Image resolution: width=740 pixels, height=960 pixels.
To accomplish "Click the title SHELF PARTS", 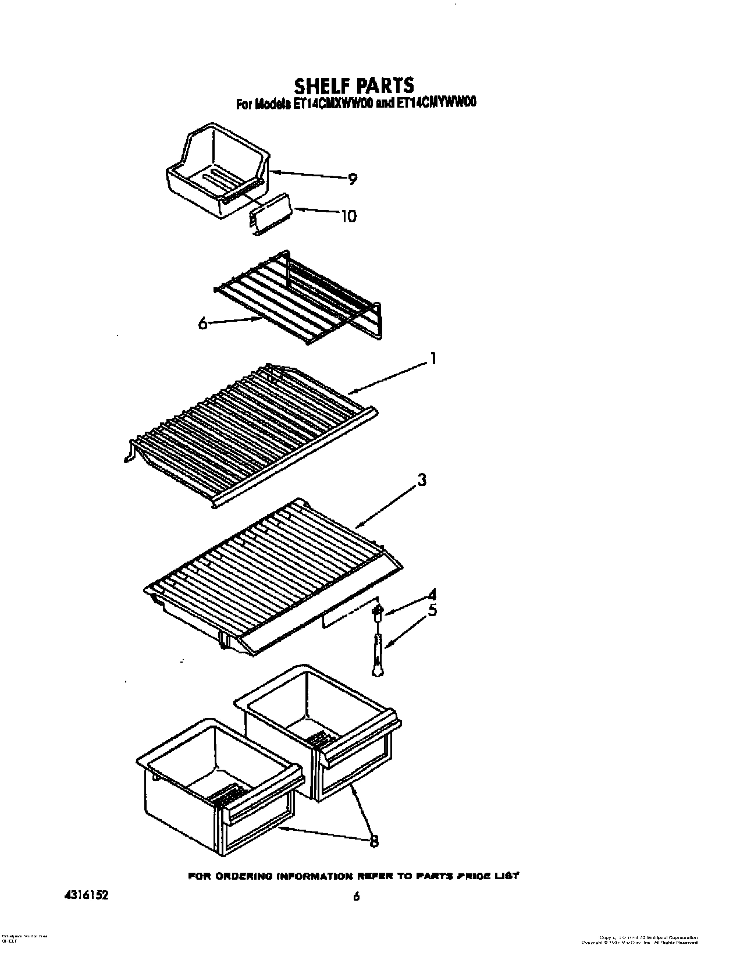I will (354, 85).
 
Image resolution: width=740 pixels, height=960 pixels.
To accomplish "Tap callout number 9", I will (352, 179).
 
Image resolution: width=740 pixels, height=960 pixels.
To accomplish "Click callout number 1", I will (432, 359).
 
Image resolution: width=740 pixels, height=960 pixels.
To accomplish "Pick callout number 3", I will (422, 481).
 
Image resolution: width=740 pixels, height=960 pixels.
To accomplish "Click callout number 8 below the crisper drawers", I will (373, 841).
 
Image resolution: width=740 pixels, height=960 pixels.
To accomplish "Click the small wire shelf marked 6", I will (297, 297).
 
